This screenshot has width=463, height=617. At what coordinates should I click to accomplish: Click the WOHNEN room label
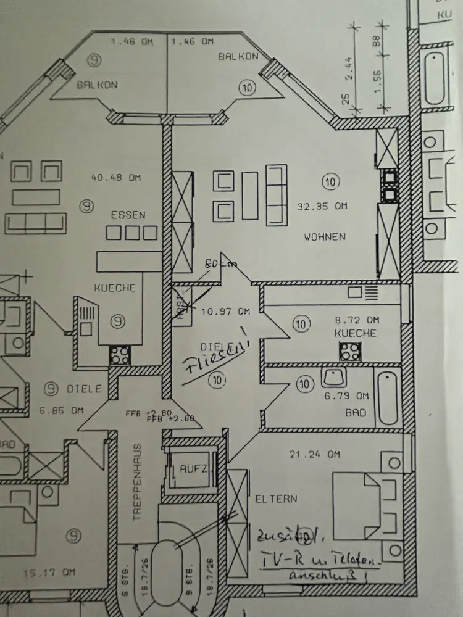pos(325,236)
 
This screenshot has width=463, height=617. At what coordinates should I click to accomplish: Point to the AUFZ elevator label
pos(194,470)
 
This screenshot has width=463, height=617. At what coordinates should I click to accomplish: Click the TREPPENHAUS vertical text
pos(138,482)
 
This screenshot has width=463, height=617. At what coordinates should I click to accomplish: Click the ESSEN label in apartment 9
pos(128,215)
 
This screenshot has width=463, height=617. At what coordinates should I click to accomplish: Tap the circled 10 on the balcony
pos(248,87)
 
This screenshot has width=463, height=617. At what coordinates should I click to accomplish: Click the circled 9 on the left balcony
pos(94,59)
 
